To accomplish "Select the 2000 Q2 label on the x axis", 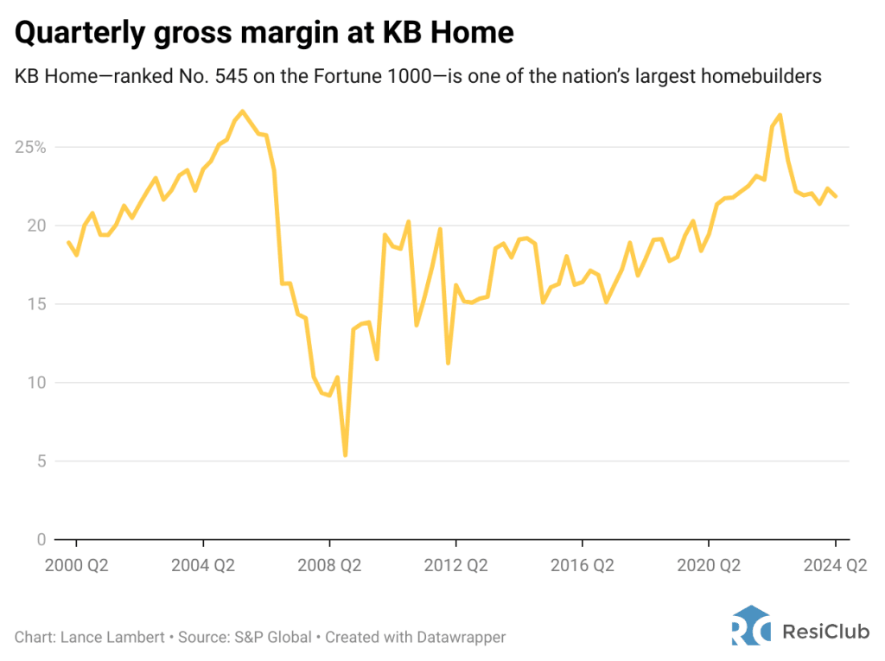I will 76,566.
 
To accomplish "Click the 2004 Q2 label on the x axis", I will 202,566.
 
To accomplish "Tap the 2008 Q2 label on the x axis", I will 329,566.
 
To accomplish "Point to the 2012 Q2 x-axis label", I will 455,566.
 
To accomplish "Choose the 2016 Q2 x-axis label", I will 582,566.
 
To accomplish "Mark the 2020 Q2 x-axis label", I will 709,566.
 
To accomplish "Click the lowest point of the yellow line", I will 345,455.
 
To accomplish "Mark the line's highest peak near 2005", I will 242,111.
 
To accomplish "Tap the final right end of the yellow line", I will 836,196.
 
